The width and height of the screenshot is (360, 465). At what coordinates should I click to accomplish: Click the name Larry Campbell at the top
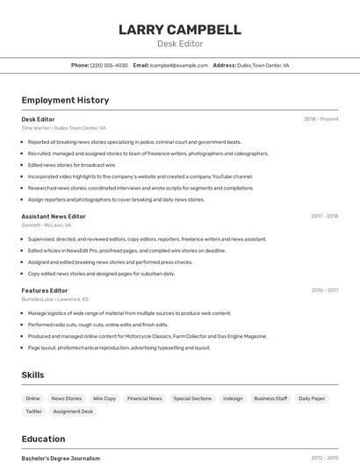coord(179,30)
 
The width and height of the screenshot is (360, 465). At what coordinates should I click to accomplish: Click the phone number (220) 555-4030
coord(109,65)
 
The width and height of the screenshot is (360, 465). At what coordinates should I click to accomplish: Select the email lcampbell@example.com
coord(178,65)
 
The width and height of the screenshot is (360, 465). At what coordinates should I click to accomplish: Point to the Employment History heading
coord(65,100)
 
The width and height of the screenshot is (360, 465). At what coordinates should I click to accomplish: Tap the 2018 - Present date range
coord(320,119)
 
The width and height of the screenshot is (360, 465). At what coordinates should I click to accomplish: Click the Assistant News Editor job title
coord(54,216)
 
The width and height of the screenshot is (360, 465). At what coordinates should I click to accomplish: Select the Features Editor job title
coord(45,290)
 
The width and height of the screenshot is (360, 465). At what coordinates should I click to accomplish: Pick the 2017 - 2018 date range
coord(324,216)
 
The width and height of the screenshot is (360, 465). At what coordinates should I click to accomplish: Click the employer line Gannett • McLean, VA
coord(47,225)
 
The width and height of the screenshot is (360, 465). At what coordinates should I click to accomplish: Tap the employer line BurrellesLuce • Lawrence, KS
coord(54,299)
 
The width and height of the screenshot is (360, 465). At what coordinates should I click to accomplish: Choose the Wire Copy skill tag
coord(104,398)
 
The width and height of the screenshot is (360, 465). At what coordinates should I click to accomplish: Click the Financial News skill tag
coord(144,398)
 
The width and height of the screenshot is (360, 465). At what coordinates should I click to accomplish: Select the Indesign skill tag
coord(233,398)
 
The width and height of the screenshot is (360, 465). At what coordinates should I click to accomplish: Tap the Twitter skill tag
coord(33,411)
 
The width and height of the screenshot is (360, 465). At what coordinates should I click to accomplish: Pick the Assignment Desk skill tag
coord(73,411)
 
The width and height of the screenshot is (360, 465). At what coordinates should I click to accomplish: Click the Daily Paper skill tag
coord(312,398)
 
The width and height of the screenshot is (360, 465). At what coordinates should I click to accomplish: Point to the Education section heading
coord(43,439)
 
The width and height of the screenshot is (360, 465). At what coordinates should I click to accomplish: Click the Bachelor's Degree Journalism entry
coord(61,458)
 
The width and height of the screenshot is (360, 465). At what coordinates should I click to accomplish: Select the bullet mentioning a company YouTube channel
coord(140,176)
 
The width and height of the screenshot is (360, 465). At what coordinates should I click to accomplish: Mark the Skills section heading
coord(32,375)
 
